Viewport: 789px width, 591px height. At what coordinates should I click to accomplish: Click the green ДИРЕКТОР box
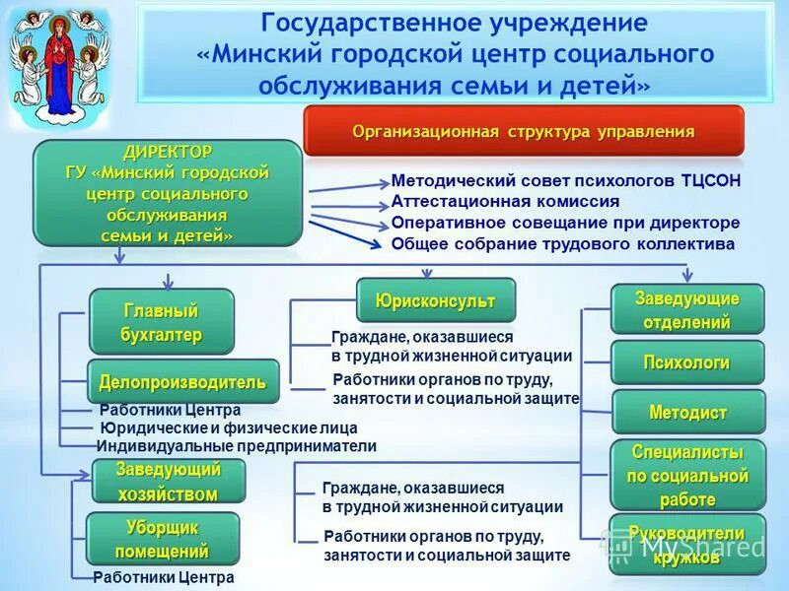coord(168,194)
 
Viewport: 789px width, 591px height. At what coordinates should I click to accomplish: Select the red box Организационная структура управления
coord(524,132)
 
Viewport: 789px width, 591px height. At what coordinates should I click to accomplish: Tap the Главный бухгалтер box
coord(161,322)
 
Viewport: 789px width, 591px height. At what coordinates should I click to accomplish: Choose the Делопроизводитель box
coord(182,381)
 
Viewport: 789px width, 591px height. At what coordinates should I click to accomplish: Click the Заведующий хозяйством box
coord(168,481)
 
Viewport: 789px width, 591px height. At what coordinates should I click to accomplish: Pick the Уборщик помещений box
coord(162,539)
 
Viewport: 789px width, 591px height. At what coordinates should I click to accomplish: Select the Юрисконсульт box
coord(435,300)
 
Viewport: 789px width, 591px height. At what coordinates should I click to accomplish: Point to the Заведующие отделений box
coord(686,309)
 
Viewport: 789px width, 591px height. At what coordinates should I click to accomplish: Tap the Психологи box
coord(686,362)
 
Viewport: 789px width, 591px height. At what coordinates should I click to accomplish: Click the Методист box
coord(687,413)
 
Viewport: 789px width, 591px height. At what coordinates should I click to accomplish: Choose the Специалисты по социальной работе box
coord(687,476)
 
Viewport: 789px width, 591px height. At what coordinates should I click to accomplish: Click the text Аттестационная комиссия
coord(505,201)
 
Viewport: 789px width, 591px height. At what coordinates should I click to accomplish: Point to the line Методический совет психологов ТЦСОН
coord(565,180)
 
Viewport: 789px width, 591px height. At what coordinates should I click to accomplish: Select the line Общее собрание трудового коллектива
coord(562,243)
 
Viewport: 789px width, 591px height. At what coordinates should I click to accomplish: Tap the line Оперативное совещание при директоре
coord(565,223)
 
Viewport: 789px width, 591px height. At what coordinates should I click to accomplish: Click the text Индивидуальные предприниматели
coord(237,446)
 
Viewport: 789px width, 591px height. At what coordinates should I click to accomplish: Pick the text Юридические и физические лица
coord(229,427)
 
